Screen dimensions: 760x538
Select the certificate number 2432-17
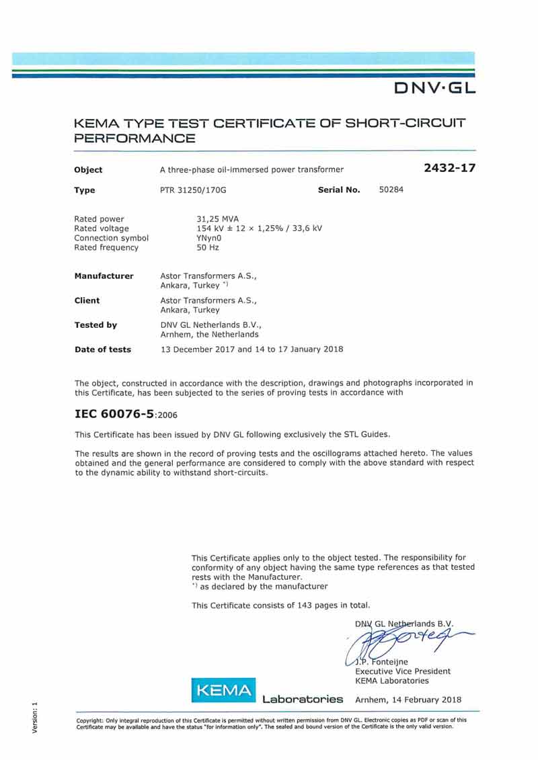tap(449, 168)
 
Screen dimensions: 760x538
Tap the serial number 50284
tap(391, 190)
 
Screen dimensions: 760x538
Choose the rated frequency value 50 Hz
tap(207, 247)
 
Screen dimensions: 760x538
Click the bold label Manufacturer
tap(104, 276)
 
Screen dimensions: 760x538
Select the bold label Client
tap(87, 300)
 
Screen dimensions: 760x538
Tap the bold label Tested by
tap(95, 325)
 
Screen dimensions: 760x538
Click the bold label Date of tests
tap(102, 349)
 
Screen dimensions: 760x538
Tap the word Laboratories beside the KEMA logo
tap(303, 700)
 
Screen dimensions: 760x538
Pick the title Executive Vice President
tap(403, 671)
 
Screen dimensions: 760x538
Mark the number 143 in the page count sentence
tap(305, 605)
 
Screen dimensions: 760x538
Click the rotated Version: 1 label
tap(34, 718)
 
